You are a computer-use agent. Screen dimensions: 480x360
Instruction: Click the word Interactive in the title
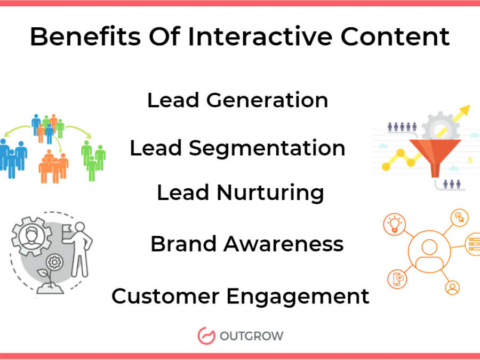coord(260,37)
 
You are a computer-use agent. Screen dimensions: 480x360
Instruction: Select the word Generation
coord(267,100)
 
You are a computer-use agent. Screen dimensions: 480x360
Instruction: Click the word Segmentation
coord(267,148)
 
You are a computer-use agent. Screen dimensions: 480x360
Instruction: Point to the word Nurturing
coord(270,193)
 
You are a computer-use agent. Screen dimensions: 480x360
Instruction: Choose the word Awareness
coord(284,244)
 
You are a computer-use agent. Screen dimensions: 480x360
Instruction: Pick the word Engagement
coord(298,297)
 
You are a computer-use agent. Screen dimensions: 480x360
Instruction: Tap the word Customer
coord(165,297)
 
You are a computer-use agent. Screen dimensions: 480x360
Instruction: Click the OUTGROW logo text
coord(251,336)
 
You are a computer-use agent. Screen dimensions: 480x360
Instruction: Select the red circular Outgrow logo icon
coord(206,336)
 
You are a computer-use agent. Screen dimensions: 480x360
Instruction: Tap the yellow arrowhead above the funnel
coord(465,110)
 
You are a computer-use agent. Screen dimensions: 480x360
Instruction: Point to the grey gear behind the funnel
coord(440,126)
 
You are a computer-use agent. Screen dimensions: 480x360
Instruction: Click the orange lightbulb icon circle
coord(395,225)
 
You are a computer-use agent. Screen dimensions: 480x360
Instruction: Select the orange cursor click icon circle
coord(460,218)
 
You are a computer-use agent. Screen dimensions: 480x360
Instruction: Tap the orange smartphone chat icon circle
coord(397,279)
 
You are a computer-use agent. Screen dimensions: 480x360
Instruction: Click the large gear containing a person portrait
coord(31,236)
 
